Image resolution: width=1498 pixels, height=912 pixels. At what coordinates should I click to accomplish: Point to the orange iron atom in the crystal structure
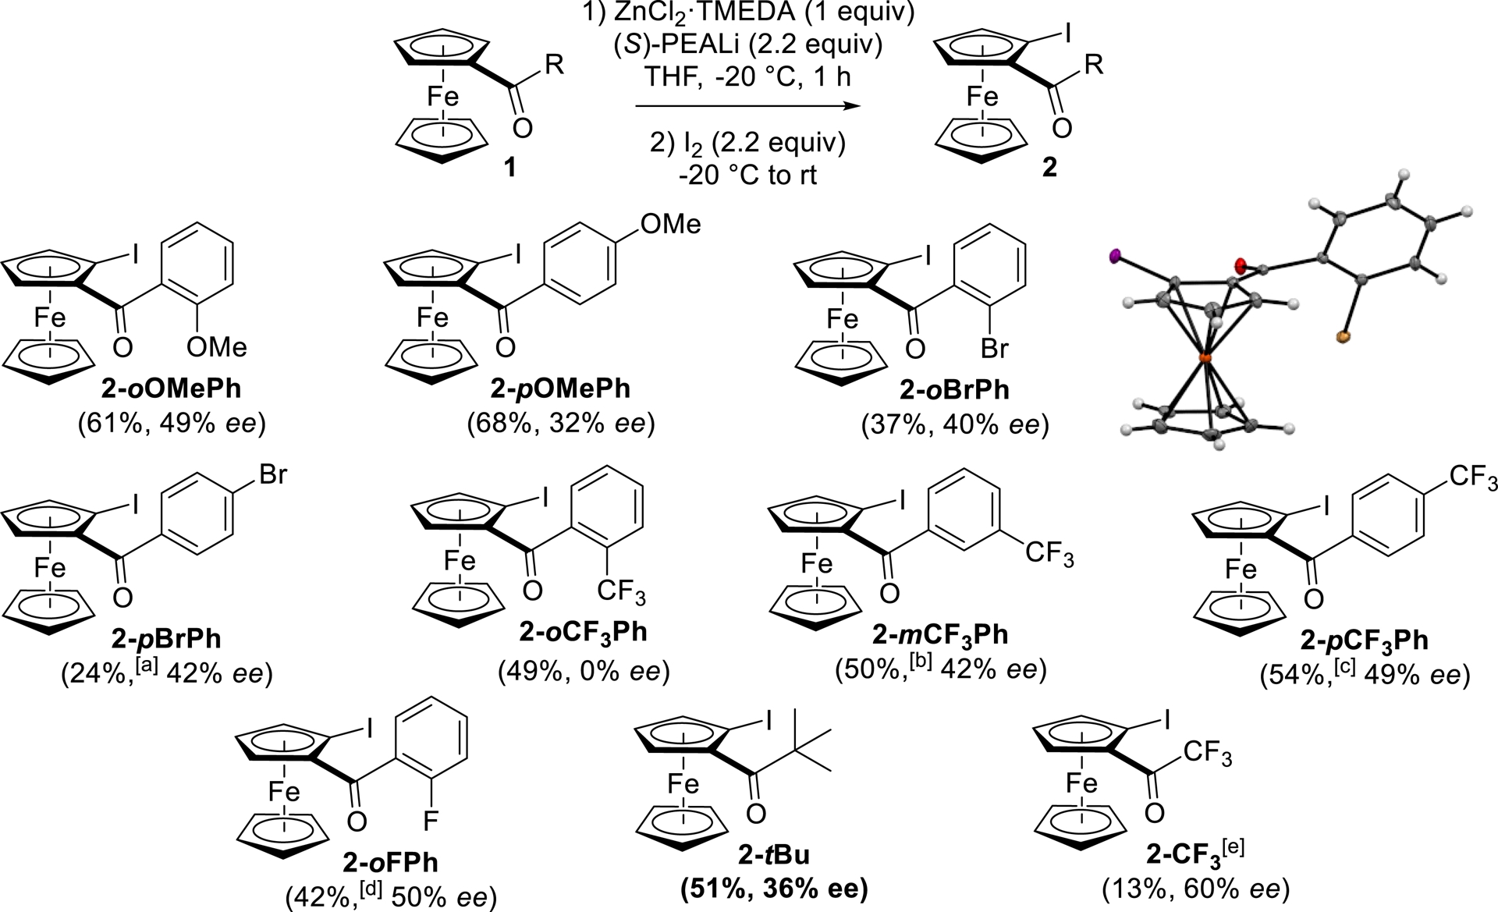click(1204, 357)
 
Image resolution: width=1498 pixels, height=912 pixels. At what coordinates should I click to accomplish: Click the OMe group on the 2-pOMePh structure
click(670, 225)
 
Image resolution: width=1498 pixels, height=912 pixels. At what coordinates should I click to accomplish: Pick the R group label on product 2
click(1094, 64)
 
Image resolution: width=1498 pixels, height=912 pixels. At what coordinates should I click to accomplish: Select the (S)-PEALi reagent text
click(694, 45)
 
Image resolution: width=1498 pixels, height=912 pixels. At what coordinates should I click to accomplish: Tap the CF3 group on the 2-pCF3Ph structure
click(1472, 476)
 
